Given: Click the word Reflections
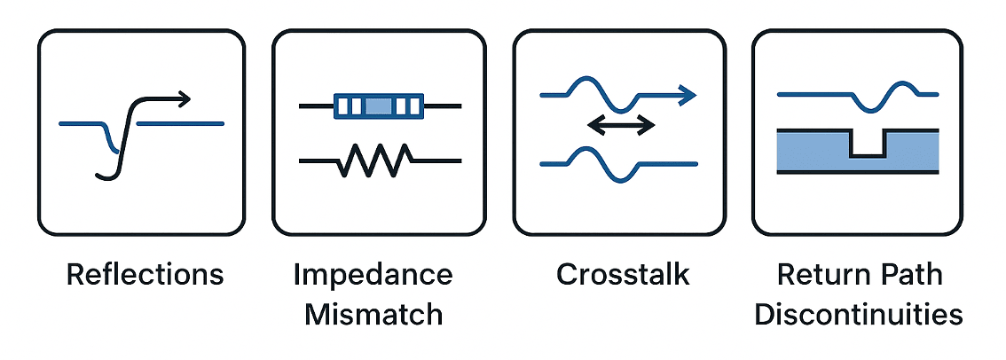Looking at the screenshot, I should click(145, 275).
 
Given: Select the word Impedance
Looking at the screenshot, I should click(373, 275).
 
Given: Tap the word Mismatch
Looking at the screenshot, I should click(373, 314).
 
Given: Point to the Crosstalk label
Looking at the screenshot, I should click(623, 275).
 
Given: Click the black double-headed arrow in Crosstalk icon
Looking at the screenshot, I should click(621, 126).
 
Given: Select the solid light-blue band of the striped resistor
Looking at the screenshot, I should click(379, 106).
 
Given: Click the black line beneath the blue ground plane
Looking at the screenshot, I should click(858, 173).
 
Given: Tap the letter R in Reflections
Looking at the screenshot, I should click(75, 275).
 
